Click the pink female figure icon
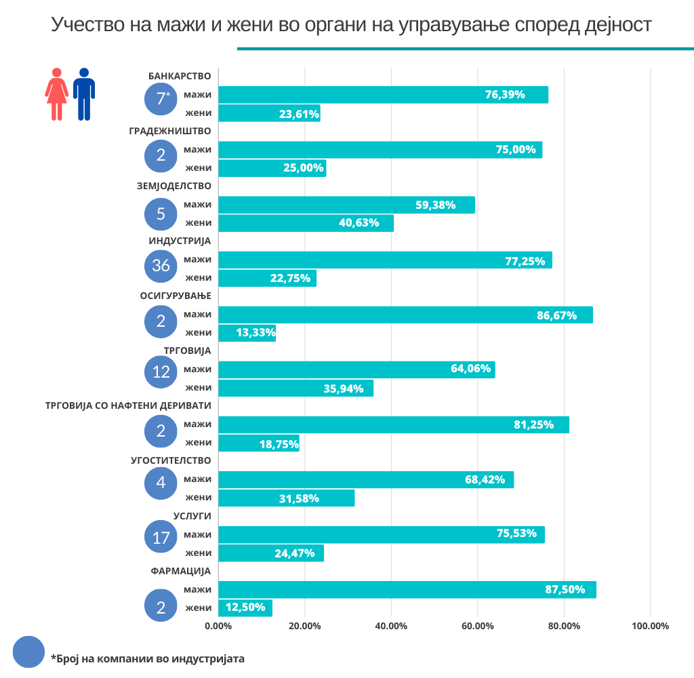pyautogui.click(x=57, y=94)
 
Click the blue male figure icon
pyautogui.click(x=84, y=94)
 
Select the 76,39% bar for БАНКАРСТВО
pyautogui.click(x=383, y=95)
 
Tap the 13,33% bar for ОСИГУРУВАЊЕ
pyautogui.click(x=247, y=333)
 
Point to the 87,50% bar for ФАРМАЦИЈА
pyautogui.click(x=407, y=590)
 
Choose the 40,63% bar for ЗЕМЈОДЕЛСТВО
pyautogui.click(x=306, y=223)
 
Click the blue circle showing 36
pyautogui.click(x=161, y=265)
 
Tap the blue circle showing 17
pyautogui.click(x=161, y=538)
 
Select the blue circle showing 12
pyautogui.click(x=161, y=372)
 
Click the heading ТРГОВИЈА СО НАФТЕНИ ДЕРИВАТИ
pyautogui.click(x=128, y=405)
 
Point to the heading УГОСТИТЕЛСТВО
pyautogui.click(x=171, y=460)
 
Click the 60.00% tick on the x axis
pyautogui.click(x=477, y=626)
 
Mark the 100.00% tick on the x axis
pyautogui.click(x=650, y=626)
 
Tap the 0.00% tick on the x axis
pyautogui.click(x=218, y=626)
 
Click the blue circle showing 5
pyautogui.click(x=161, y=214)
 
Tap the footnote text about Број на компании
pyautogui.click(x=148, y=658)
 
